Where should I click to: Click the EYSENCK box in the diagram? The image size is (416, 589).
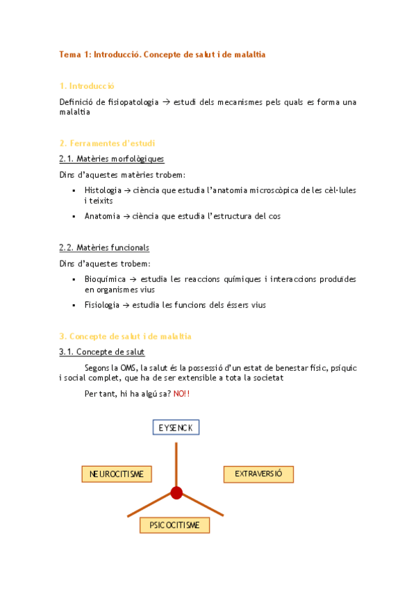[x=176, y=426]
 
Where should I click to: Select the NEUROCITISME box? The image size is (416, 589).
[x=117, y=474]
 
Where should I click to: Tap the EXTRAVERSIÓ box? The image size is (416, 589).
[x=258, y=474]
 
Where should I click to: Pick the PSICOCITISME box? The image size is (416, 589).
[x=174, y=525]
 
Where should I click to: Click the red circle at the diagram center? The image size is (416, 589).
[x=176, y=493]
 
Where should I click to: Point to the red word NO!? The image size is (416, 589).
[x=181, y=394]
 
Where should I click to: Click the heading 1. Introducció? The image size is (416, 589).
[x=87, y=85]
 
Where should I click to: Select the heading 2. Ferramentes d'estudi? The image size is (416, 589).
[x=107, y=143]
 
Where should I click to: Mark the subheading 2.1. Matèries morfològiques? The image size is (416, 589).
[x=112, y=159]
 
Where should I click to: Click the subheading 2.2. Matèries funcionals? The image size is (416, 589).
[x=104, y=247]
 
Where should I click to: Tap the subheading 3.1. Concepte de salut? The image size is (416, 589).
[x=102, y=352]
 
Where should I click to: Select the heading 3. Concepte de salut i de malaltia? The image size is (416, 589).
[x=125, y=336]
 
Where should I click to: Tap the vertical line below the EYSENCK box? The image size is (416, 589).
[x=176, y=461]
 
